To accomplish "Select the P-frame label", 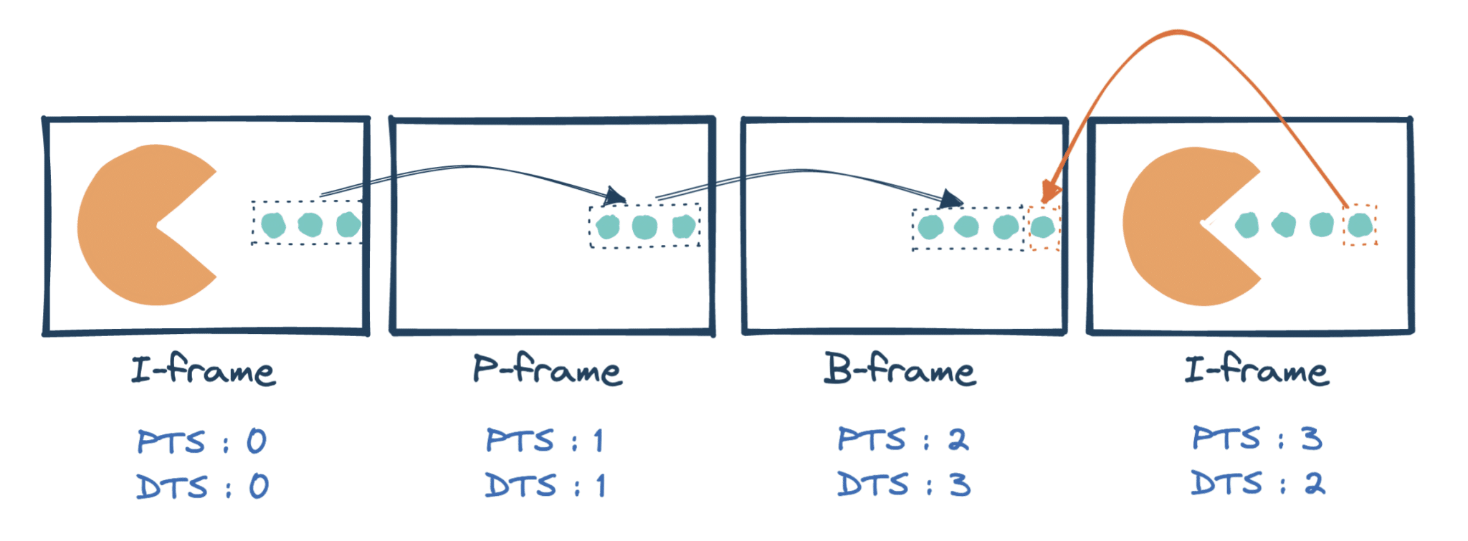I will [x=547, y=370].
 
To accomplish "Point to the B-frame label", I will [x=900, y=370].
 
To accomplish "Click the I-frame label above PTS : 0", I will [x=203, y=370].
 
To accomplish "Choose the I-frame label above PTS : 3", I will [x=1257, y=370].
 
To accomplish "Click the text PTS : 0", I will [x=201, y=441].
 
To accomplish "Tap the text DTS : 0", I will [x=202, y=487].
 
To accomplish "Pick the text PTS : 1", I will [x=545, y=440].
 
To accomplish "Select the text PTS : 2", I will [x=903, y=439].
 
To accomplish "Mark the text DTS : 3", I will [x=904, y=485].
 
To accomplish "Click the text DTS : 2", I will [x=1258, y=483].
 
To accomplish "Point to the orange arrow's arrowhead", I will [x=1049, y=191].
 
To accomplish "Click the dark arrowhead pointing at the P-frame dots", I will [x=615, y=196].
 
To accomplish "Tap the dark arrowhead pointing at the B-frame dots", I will [x=951, y=199].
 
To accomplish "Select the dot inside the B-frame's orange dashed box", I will [x=1042, y=228].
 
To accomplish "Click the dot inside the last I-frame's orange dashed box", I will [x=1360, y=225].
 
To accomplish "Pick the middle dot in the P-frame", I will [x=644, y=227].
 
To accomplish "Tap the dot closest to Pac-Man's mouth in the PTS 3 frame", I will [x=1247, y=225].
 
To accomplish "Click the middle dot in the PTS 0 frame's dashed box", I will [x=310, y=224].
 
